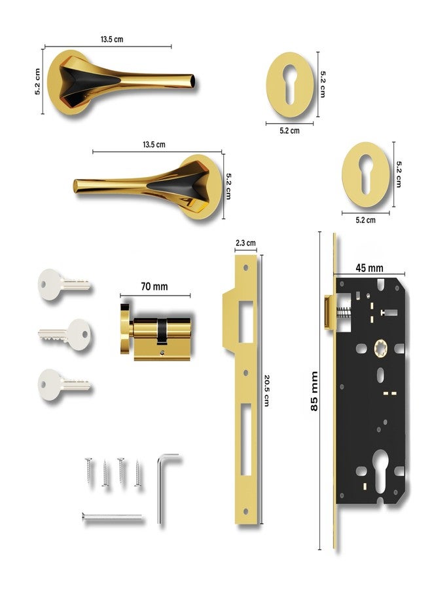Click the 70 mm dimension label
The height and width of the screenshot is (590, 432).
(154, 286)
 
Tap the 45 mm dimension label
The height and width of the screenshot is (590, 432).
(369, 268)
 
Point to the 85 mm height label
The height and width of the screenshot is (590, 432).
(314, 391)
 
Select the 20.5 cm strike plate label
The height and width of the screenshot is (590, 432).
(266, 390)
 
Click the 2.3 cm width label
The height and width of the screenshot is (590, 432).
(245, 243)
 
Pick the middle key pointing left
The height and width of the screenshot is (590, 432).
(64, 334)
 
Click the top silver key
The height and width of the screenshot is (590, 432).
(64, 285)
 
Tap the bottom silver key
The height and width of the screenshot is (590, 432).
(64, 385)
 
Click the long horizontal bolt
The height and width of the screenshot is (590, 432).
(112, 517)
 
